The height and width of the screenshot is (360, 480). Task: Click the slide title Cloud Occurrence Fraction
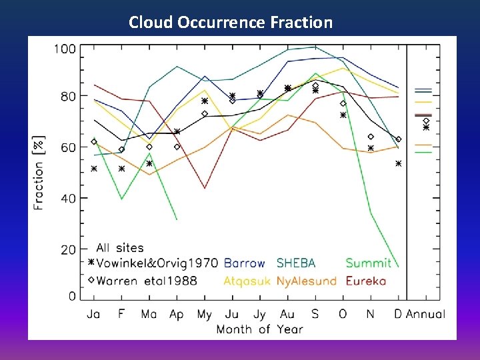click(231, 23)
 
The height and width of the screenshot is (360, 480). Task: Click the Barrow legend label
click(244, 263)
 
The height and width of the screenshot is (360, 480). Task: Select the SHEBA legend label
click(296, 263)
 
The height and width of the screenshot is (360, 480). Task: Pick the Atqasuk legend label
click(247, 281)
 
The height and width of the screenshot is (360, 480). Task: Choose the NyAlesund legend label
click(307, 281)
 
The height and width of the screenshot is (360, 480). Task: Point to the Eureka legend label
click(365, 281)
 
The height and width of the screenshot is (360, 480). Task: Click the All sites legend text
click(120, 248)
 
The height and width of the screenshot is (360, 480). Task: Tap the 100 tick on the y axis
click(64, 49)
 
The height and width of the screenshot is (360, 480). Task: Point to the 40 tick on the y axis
click(67, 198)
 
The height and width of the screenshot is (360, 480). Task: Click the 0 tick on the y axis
click(71, 295)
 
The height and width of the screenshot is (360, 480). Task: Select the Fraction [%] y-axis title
click(39, 173)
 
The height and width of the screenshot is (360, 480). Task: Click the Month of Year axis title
click(259, 329)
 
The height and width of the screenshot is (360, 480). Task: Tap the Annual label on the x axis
click(425, 314)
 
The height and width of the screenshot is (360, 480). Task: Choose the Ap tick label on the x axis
click(177, 314)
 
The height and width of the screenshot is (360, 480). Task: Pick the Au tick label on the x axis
click(287, 314)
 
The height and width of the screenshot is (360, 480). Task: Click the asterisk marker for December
click(398, 163)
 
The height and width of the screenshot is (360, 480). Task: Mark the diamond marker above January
click(94, 142)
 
